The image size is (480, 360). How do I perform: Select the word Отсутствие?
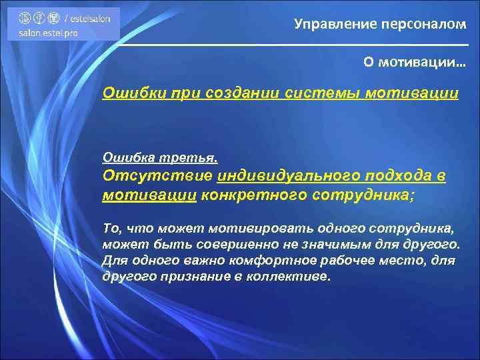coord(157,176)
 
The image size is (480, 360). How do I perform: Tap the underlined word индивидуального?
coord(286,176)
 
